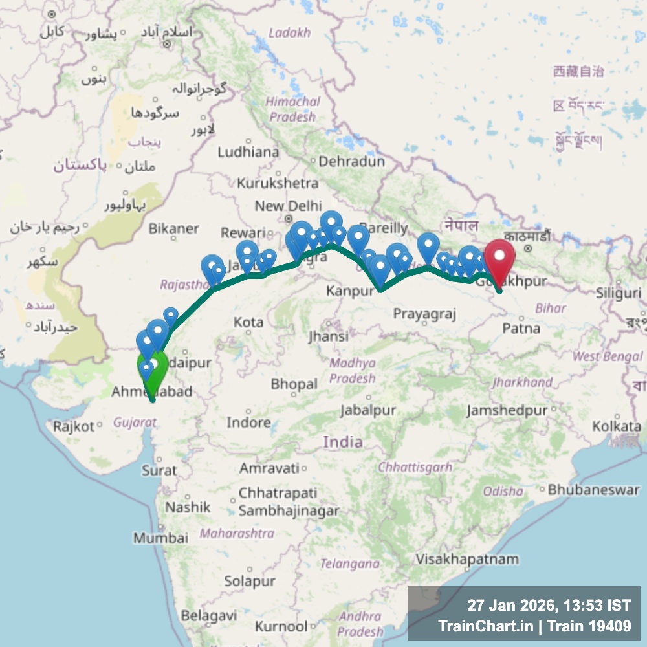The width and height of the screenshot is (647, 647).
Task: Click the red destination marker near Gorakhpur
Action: pyautogui.click(x=500, y=259)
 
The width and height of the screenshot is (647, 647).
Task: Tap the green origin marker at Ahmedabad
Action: pyautogui.click(x=152, y=369)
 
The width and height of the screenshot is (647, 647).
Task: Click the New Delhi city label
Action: pyautogui.click(x=279, y=206)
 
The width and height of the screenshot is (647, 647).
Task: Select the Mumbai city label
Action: pyautogui.click(x=160, y=538)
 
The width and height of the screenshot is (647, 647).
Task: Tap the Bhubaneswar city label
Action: pyautogui.click(x=593, y=489)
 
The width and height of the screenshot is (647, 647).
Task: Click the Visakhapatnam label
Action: pyautogui.click(x=467, y=558)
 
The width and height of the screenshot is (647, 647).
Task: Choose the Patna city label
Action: pyautogui.click(x=521, y=328)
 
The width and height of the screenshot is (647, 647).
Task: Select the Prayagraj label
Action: pyautogui.click(x=424, y=314)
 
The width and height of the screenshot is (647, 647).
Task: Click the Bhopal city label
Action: pyautogui.click(x=294, y=384)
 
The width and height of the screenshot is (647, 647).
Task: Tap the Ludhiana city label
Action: pyautogui.click(x=248, y=152)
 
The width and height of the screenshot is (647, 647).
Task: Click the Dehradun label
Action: pyautogui.click(x=351, y=161)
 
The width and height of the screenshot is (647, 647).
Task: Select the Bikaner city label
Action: pyautogui.click(x=173, y=228)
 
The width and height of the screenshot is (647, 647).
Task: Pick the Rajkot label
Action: pyautogui.click(x=74, y=426)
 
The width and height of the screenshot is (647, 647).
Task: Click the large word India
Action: pyautogui.click(x=342, y=442)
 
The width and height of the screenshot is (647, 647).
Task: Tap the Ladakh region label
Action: pyautogui.click(x=289, y=32)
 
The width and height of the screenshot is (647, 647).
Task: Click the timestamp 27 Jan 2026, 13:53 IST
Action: pyautogui.click(x=549, y=606)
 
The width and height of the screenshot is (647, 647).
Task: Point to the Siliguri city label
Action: pyautogui.click(x=619, y=292)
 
